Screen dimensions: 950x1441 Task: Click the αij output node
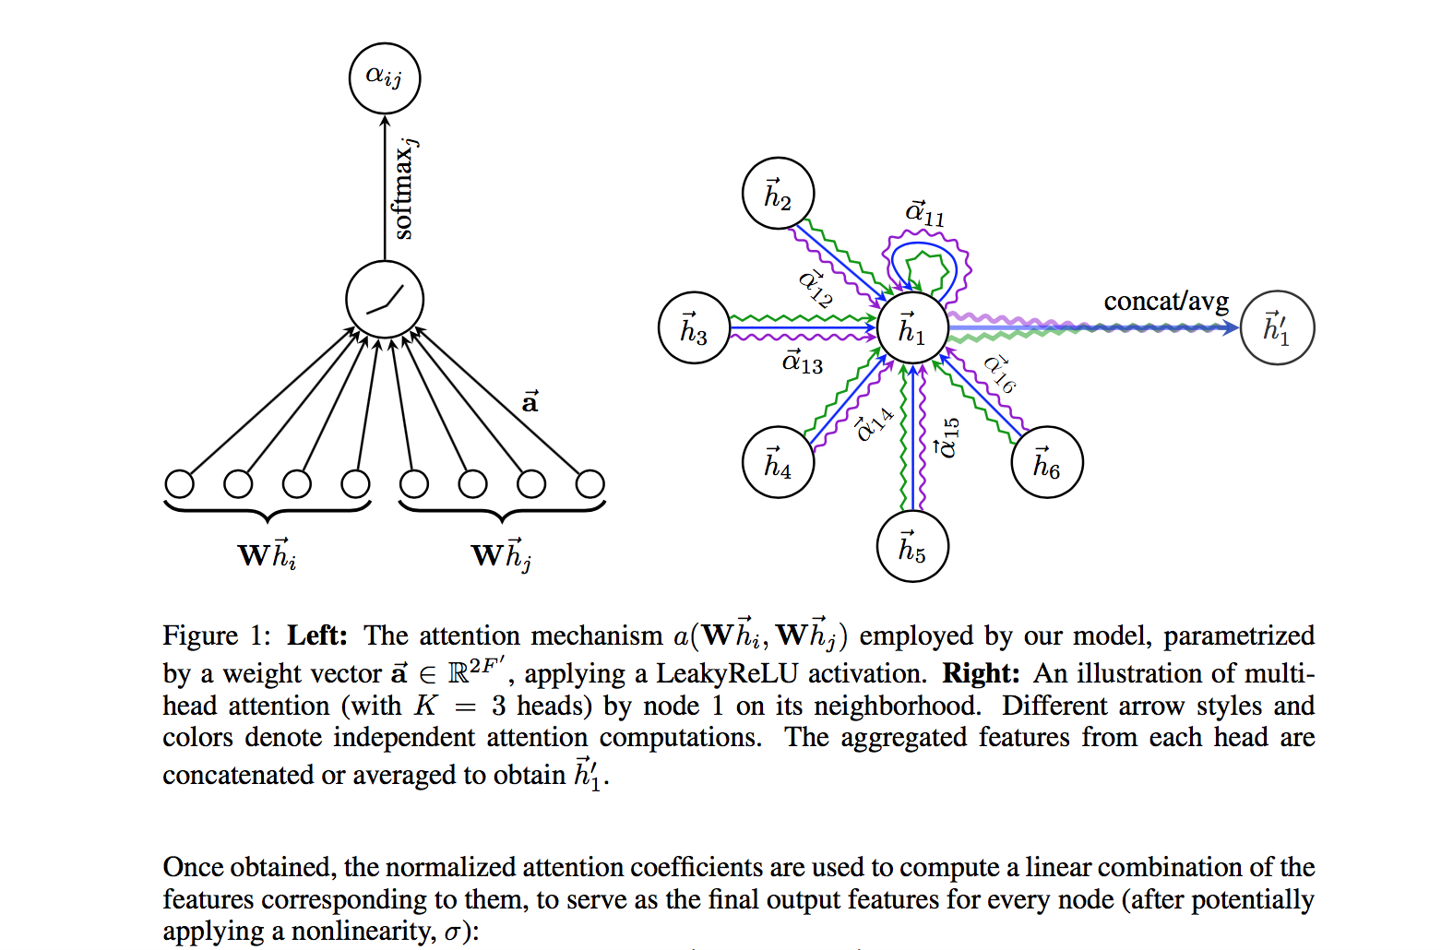coord(385,77)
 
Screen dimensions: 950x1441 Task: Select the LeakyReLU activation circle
coord(385,300)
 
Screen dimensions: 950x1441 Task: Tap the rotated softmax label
coord(404,189)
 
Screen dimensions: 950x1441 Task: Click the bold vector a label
coord(530,402)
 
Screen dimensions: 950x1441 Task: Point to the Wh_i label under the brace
coord(267,554)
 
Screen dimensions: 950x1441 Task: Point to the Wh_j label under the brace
coord(501,554)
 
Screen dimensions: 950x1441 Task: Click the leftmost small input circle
coord(179,483)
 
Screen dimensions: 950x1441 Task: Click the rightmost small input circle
coord(589,483)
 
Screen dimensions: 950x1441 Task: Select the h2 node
coord(778,194)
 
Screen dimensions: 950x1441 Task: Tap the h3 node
coord(694,328)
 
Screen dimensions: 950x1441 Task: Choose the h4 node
coord(778,462)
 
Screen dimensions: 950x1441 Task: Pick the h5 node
coord(911,546)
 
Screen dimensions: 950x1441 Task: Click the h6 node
coord(1046,462)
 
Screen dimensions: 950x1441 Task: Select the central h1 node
coord(911,328)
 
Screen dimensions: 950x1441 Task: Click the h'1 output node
coord(1277,327)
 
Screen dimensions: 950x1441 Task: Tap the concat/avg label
coord(1166,301)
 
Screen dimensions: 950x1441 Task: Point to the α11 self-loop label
coord(924,213)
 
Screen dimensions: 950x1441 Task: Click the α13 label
coord(802,362)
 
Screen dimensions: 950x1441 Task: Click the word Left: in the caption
coord(316,635)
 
